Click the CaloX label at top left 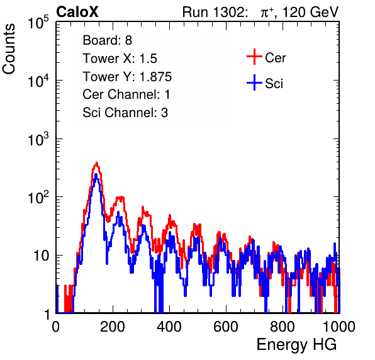77,12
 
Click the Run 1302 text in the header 215,12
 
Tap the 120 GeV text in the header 310,12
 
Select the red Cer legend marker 254,57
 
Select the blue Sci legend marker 254,83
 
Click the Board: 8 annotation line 108,40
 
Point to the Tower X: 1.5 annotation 120,59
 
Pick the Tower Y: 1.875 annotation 127,77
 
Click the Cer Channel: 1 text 126,94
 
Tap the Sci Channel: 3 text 125,113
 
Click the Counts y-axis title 9,49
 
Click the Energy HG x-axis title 296,345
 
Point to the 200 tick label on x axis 113,327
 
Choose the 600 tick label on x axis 226,327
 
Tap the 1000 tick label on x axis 339,327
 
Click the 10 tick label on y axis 42,256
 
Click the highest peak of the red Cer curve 97,163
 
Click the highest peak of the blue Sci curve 96,175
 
